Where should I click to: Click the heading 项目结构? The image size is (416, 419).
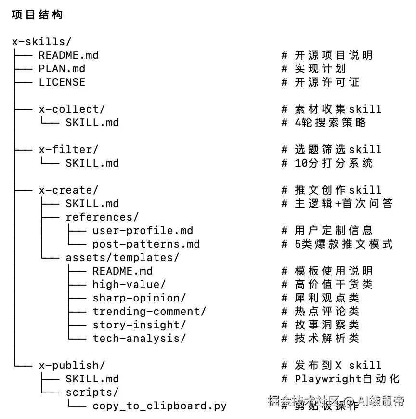(x=37, y=15)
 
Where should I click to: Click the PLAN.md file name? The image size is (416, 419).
(x=62, y=69)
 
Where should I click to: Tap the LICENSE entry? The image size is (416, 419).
(x=62, y=82)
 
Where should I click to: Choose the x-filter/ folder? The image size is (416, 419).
(x=69, y=150)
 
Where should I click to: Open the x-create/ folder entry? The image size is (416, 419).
(x=69, y=190)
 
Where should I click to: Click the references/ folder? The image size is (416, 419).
(x=102, y=217)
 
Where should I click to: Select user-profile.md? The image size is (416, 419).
(x=143, y=231)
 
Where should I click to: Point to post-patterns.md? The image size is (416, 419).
(x=146, y=244)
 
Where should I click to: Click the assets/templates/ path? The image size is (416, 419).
(x=122, y=258)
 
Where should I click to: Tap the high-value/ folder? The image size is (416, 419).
(x=129, y=285)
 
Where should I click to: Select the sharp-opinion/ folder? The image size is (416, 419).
(x=139, y=298)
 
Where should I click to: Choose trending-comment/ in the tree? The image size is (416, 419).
(x=149, y=312)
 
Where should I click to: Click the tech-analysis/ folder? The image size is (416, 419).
(x=139, y=339)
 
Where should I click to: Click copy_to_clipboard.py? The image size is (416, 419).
(x=159, y=406)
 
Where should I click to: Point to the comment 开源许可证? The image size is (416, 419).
(x=327, y=82)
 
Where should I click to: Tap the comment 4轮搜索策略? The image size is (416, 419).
(x=330, y=123)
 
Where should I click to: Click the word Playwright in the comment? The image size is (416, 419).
(x=327, y=379)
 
